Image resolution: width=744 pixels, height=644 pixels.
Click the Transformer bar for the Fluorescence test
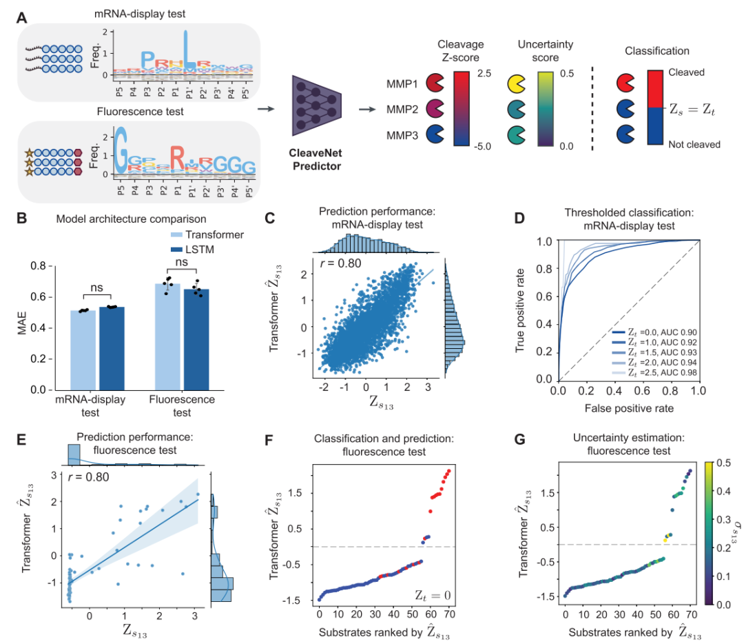click(167, 331)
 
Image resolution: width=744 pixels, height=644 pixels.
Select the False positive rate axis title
click(628, 407)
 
